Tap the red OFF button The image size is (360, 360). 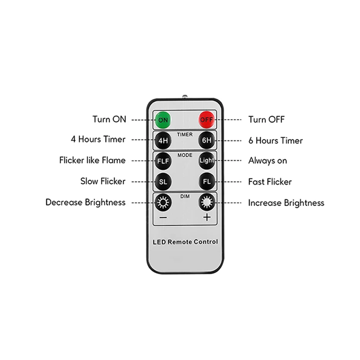207,119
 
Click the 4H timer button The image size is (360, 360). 163,140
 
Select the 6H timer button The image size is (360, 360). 207,140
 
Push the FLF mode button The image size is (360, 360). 163,161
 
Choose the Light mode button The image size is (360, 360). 207,161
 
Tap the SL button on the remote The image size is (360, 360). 163,181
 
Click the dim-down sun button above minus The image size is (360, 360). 163,202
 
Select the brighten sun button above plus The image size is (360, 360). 207,202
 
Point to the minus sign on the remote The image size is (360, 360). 163,218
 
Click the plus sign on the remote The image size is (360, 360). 207,218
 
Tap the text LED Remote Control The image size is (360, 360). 185,242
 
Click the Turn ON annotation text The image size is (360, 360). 109,119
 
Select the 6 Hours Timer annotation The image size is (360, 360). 275,140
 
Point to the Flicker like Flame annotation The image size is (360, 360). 92,161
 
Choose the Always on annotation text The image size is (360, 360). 267,161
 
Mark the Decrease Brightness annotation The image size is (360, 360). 86,202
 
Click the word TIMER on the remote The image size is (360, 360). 185,135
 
